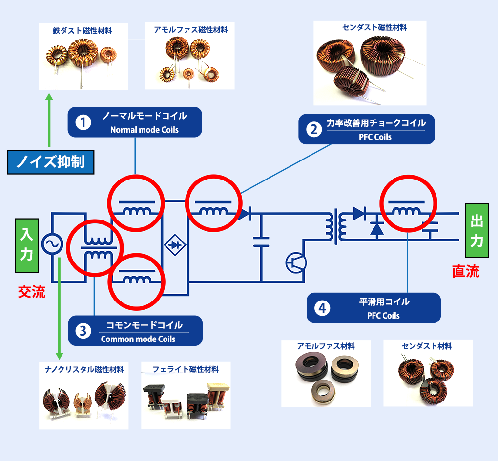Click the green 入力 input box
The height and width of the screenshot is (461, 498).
pos(27,245)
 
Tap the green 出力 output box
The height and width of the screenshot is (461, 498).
pos(477,230)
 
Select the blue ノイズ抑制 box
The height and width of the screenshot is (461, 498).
pos(51,162)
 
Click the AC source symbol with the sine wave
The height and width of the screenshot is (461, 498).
pos(52,244)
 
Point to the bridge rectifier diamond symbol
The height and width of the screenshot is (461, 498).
pos(175,245)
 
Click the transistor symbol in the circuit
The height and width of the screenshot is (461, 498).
pos(296,263)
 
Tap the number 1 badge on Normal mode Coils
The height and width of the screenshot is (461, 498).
pos(83,122)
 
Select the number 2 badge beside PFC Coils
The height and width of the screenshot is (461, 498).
pos(314,129)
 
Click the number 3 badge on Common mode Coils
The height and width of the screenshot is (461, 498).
pos(83,331)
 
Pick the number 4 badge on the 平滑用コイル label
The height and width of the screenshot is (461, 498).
pos(322,308)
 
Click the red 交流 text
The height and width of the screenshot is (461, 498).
pos(31,292)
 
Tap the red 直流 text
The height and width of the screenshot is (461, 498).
pos(466,271)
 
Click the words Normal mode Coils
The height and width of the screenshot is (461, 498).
pos(145,130)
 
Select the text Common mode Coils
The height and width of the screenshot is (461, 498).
pos(138,339)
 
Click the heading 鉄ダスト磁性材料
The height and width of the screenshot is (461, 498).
pos(83,31)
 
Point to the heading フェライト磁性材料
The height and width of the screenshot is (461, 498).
pos(186,369)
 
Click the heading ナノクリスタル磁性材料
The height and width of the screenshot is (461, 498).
pos(84,370)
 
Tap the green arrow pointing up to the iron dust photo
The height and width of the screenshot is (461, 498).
pos(49,120)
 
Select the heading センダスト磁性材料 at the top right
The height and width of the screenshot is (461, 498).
pos(374,28)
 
